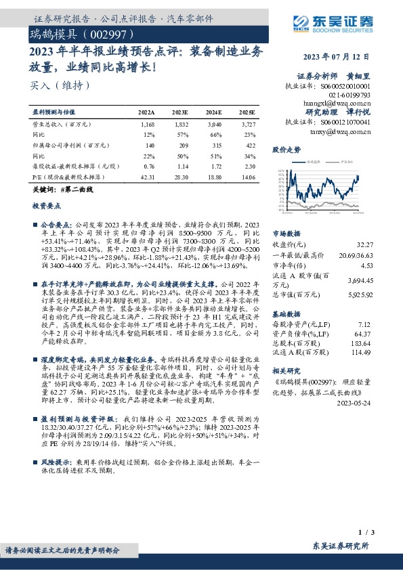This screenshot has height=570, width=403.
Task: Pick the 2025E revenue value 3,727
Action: tap(249, 125)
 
